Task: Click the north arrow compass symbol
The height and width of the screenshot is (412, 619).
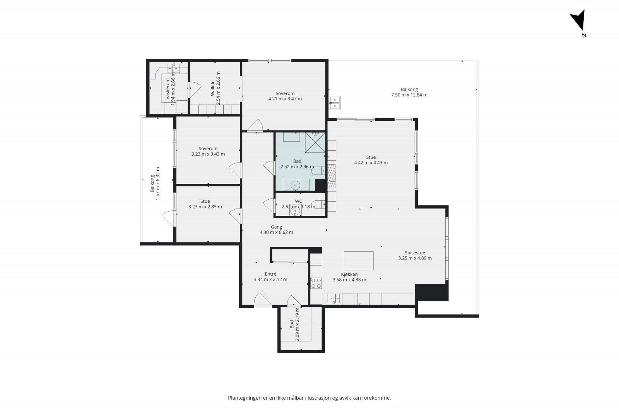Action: pos(579,22)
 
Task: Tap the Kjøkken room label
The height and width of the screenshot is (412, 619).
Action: pos(349,275)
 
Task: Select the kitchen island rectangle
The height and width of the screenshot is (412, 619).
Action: pos(359,261)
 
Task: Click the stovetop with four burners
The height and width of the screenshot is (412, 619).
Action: pos(316,283)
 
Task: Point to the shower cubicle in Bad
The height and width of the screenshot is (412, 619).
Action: pos(315,142)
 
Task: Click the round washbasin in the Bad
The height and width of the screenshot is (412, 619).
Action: pos(296,185)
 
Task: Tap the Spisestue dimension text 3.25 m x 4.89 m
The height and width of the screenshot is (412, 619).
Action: pos(415,258)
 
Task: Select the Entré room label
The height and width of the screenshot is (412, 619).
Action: pos(270,274)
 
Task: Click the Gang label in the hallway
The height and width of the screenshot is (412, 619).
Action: pos(276,227)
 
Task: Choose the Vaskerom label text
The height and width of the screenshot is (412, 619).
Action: pos(168,89)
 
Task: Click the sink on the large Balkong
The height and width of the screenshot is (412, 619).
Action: pos(334,103)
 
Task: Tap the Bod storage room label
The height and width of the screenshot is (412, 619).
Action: pos(292,324)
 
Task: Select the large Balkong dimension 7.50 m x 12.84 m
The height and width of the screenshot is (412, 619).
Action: pos(409,95)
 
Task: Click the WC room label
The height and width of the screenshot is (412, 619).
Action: pos(298,201)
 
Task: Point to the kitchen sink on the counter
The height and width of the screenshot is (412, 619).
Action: pos(334,298)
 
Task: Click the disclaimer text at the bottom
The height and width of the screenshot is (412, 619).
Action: pos(309,398)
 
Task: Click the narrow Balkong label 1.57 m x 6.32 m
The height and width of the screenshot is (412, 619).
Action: pos(155,183)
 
